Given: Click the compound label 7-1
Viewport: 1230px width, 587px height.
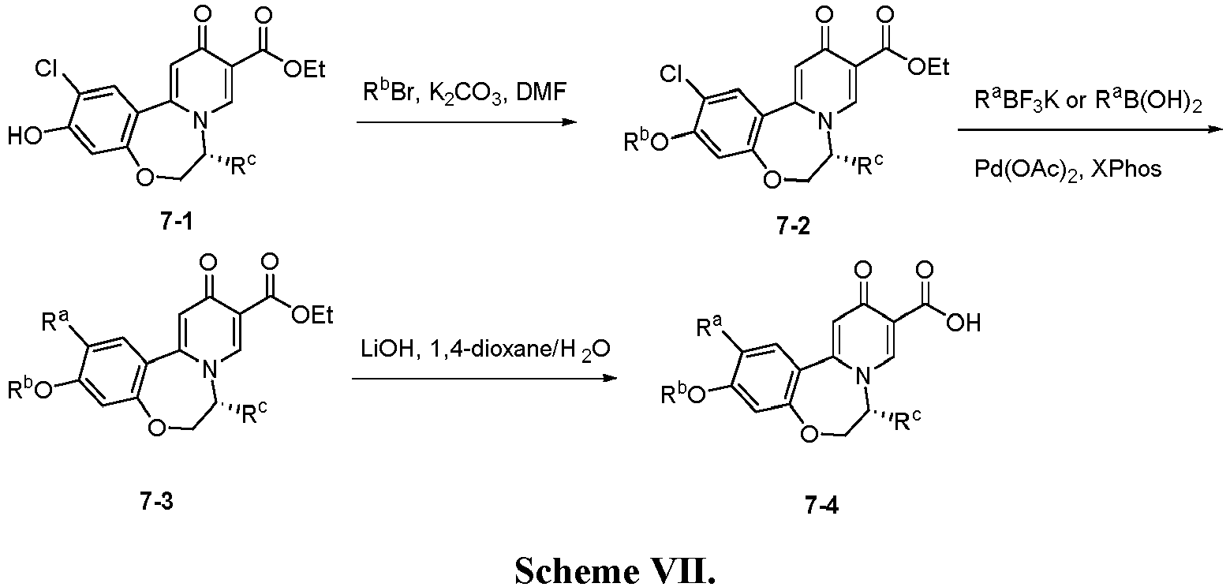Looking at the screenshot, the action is [x=177, y=222].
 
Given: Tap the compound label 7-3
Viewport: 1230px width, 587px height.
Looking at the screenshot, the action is [x=156, y=501].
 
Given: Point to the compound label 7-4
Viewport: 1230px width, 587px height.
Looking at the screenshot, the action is [x=822, y=505].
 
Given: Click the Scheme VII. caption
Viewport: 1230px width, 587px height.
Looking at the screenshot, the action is [x=615, y=571].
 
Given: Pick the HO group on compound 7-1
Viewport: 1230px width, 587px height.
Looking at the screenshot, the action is [x=25, y=135].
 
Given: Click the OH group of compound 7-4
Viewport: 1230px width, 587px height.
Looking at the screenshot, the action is [x=963, y=323].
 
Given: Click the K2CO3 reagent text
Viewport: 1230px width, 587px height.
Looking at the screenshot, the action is [x=466, y=93].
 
